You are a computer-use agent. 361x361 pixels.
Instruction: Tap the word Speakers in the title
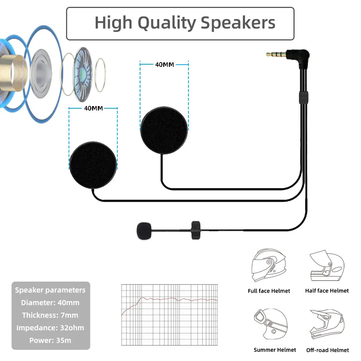[x=238, y=23]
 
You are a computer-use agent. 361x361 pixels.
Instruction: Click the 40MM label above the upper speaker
[x=164, y=65]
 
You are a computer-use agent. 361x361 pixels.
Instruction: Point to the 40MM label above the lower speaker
[x=93, y=108]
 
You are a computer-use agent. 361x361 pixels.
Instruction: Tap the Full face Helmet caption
[x=269, y=291]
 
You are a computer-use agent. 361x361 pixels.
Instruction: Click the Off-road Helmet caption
[x=327, y=350]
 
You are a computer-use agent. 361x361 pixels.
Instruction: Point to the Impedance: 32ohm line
[x=50, y=328]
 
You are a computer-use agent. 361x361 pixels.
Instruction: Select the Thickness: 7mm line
[x=50, y=315]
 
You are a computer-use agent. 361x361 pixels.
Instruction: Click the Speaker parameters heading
[x=50, y=290]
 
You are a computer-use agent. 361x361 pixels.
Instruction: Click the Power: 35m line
[x=50, y=340]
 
